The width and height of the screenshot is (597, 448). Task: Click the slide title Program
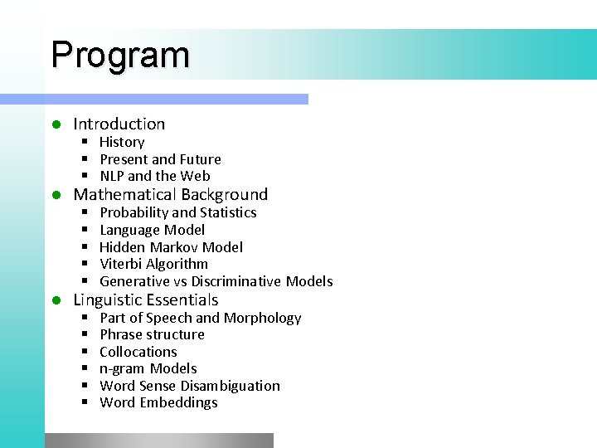120,55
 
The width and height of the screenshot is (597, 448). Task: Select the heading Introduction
119,124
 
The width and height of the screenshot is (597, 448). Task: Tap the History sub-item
121,142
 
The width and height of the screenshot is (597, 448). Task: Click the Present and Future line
160,159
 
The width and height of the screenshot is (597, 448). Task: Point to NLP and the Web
154,176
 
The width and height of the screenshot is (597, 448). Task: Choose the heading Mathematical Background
170,195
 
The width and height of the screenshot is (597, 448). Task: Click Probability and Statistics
177,212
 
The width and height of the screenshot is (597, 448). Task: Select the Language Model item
152,230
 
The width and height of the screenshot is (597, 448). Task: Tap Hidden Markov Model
171,247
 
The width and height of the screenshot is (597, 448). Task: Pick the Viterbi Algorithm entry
153,264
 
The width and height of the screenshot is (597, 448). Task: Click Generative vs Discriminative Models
216,281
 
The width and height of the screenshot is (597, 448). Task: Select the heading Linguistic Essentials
145,300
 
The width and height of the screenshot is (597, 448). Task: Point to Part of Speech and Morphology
200,318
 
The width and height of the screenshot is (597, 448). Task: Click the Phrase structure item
152,334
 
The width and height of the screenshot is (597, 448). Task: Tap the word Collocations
138,352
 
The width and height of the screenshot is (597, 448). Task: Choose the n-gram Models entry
148,368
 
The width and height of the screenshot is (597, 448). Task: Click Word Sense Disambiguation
189,386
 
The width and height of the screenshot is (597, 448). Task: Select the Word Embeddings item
158,402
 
